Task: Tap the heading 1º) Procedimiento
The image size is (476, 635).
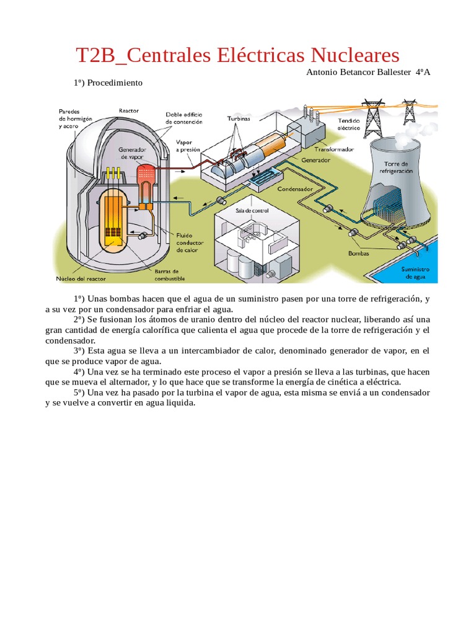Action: [x=108, y=82]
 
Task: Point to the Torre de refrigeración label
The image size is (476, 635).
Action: [x=397, y=168]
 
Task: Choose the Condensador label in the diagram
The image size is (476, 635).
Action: [x=294, y=189]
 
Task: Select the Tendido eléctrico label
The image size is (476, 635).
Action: [x=348, y=124]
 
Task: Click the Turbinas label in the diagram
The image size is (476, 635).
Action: [x=239, y=119]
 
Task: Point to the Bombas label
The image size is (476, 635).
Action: [x=358, y=254]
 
